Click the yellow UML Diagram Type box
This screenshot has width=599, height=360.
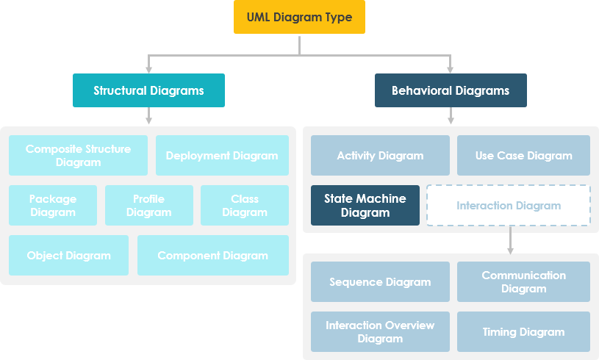299,17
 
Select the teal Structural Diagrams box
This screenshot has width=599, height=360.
148,90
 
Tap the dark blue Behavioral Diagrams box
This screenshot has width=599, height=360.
451,90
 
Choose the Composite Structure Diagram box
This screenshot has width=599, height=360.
78,155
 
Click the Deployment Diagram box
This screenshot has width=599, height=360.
222,155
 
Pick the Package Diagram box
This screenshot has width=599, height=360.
53,205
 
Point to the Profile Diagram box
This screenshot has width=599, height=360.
148,205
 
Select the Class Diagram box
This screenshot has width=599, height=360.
245,205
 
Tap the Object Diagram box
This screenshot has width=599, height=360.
68,255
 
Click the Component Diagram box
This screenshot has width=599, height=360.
213,255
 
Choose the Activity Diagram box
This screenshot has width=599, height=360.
380,155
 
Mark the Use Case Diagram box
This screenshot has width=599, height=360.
523,155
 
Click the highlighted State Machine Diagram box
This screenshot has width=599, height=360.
365,205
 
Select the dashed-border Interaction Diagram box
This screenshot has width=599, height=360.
509,205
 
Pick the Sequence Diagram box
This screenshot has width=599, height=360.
380,281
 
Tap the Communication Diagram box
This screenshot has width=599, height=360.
523,281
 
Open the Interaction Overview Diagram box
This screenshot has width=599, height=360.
380,331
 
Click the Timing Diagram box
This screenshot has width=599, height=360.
523,331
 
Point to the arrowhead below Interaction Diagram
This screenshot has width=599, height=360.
510,251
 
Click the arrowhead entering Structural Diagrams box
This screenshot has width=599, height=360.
149,69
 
